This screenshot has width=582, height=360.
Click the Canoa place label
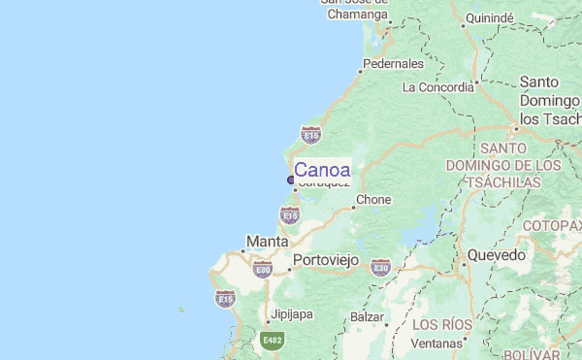[322, 169]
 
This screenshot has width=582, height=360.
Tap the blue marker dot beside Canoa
[291, 180]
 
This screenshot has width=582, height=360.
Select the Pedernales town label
[393, 64]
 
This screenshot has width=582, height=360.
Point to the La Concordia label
[437, 87]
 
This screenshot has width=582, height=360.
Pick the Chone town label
[373, 200]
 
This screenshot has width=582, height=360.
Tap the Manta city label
[267, 241]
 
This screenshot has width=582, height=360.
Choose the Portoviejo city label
[326, 260]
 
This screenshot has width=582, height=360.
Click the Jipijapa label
[292, 313]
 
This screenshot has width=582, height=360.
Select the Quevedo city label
[497, 255]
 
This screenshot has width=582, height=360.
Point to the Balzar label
[368, 317]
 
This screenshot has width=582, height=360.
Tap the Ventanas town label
[436, 344]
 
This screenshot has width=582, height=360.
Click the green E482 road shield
[273, 341]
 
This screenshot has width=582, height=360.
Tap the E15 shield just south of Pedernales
[310, 134]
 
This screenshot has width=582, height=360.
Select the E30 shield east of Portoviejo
[380, 267]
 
